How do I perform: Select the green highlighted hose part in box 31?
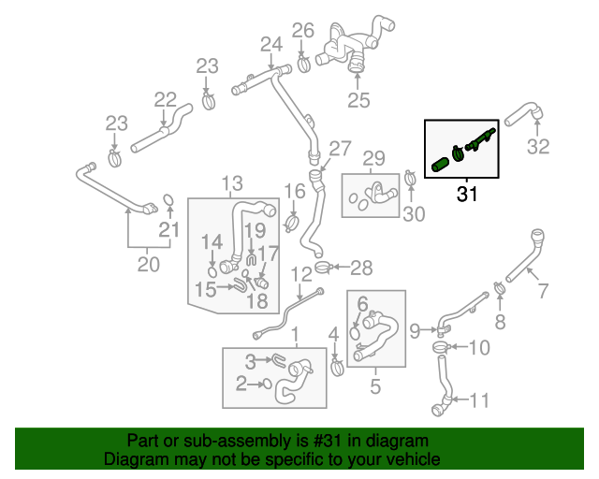(x=440, y=166)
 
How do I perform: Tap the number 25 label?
(x=358, y=100)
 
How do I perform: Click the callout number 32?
(x=538, y=146)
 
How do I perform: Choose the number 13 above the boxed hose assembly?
(x=231, y=181)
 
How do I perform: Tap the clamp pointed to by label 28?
(x=323, y=269)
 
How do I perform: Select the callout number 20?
(x=149, y=264)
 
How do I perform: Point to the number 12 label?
(x=300, y=273)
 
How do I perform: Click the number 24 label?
(x=270, y=43)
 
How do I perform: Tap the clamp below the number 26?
(x=304, y=65)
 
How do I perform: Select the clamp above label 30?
(x=410, y=177)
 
